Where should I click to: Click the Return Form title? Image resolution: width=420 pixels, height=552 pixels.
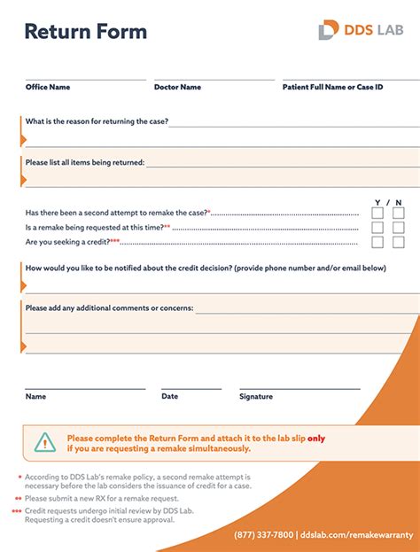click(x=85, y=33)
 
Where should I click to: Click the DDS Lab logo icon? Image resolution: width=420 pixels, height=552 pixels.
click(x=328, y=30)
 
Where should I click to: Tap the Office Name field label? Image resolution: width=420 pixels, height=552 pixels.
click(x=48, y=87)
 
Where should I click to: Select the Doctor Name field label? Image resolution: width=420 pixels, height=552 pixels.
click(x=177, y=87)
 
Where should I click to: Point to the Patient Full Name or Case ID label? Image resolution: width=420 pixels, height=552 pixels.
click(x=333, y=87)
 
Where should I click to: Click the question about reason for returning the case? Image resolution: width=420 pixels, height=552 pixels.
click(x=97, y=121)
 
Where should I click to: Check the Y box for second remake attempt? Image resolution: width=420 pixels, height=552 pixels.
click(x=377, y=213)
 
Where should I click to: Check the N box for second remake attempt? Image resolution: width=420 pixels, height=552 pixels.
click(x=399, y=213)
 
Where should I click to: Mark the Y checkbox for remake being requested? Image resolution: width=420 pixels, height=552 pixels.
click(x=377, y=228)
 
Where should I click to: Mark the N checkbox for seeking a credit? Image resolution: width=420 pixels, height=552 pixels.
click(x=399, y=242)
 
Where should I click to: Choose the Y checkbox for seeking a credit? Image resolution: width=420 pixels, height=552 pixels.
click(x=377, y=242)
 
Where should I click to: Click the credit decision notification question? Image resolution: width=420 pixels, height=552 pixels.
click(x=206, y=268)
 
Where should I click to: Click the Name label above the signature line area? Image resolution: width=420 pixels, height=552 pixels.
click(x=35, y=397)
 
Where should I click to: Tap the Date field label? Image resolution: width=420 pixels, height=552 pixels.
click(x=169, y=397)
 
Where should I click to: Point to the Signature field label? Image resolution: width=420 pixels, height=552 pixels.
click(x=256, y=397)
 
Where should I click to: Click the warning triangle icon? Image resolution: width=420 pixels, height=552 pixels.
click(x=45, y=442)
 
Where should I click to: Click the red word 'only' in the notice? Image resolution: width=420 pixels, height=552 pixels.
click(x=316, y=438)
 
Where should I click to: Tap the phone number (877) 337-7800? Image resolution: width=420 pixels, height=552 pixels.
click(x=264, y=535)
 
